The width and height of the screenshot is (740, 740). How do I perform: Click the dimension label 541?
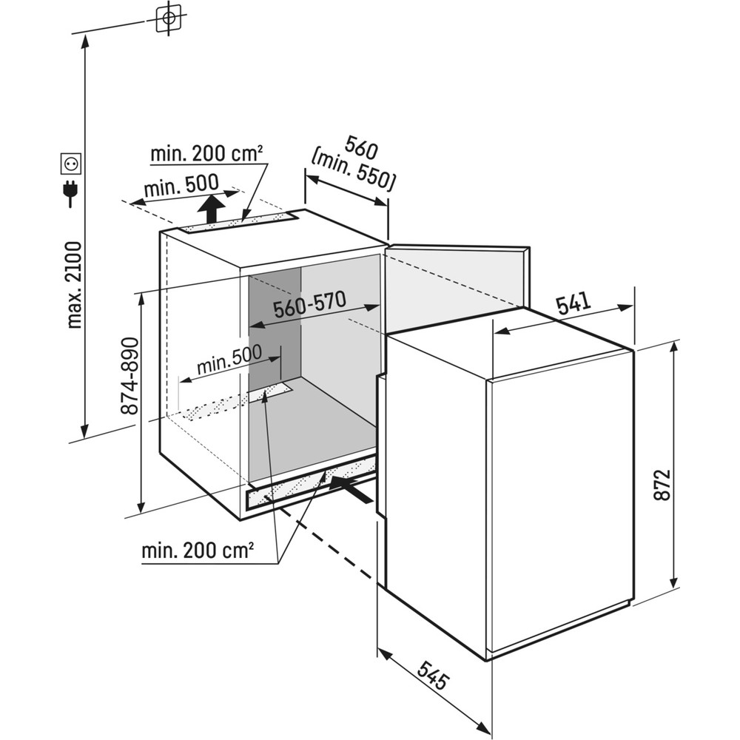click(x=573, y=304)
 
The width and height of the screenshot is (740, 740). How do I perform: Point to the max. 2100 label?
click(x=74, y=285)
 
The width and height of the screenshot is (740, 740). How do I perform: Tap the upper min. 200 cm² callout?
click(x=206, y=155)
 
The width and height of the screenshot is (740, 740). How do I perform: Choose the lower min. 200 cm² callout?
click(x=198, y=551)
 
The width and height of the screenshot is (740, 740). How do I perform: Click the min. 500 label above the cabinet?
click(x=181, y=185)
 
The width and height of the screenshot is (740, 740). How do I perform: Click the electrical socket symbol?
click(x=72, y=161)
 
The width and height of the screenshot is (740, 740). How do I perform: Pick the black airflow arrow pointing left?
click(x=351, y=488)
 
